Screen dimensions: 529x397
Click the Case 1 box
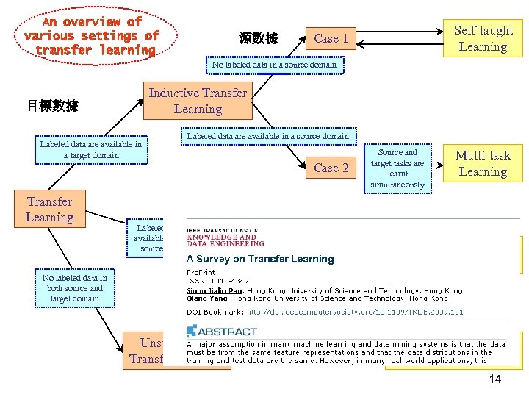[x=331, y=38]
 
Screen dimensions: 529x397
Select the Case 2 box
[x=331, y=168]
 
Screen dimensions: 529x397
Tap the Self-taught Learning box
[x=483, y=38]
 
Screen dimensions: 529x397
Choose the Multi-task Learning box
[x=483, y=163]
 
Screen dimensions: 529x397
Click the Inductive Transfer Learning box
[x=198, y=101]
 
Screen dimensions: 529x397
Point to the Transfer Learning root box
[x=49, y=209]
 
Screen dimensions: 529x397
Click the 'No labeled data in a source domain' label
[x=274, y=65]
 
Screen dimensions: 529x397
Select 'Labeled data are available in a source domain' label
[x=268, y=136]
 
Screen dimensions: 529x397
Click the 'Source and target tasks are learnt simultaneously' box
[x=397, y=168]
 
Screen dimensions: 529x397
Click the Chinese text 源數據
[x=259, y=38]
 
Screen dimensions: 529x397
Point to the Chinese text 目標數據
[x=53, y=106]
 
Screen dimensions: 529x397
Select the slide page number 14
[x=494, y=379]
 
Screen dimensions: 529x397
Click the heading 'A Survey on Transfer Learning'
[x=260, y=259]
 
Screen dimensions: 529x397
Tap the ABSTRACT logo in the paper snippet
[x=220, y=331]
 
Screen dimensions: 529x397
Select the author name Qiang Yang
[x=209, y=298]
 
